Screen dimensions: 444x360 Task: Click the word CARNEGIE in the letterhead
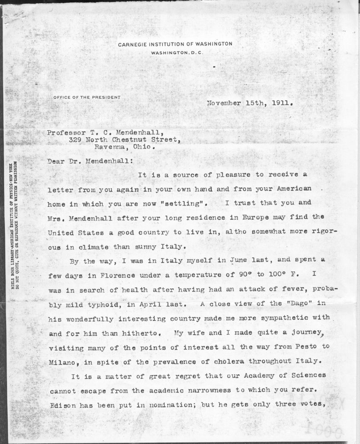pos(132,44)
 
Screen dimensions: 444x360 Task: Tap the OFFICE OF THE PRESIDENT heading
pos(87,97)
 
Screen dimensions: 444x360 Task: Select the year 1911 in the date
pos(283,103)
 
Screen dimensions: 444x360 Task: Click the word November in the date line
pos(224,103)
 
